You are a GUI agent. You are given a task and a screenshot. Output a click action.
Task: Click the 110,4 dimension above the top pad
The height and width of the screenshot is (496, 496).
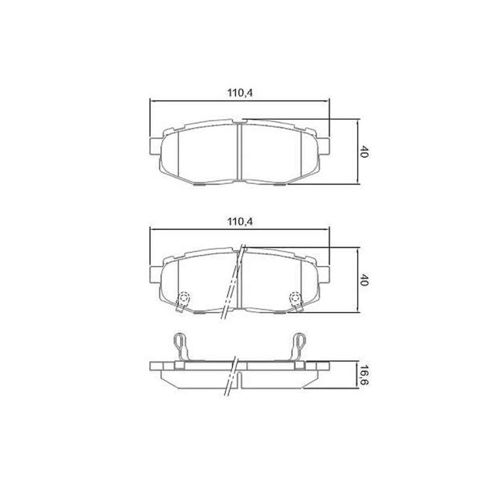pos(241,93)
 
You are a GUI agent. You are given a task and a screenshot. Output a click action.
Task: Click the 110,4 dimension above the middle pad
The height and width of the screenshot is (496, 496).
pos(241,222)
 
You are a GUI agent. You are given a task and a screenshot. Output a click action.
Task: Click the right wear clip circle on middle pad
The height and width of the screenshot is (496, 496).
pos(296,297)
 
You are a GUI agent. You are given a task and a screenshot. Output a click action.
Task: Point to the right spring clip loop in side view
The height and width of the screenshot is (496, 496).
pos(301,342)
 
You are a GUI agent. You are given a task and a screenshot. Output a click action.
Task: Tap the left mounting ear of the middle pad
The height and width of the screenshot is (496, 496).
pos(155,271)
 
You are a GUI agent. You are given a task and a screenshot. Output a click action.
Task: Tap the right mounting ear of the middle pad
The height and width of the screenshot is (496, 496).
pos(325,271)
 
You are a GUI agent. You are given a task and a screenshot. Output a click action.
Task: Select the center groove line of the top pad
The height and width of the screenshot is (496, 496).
pos(239,152)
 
